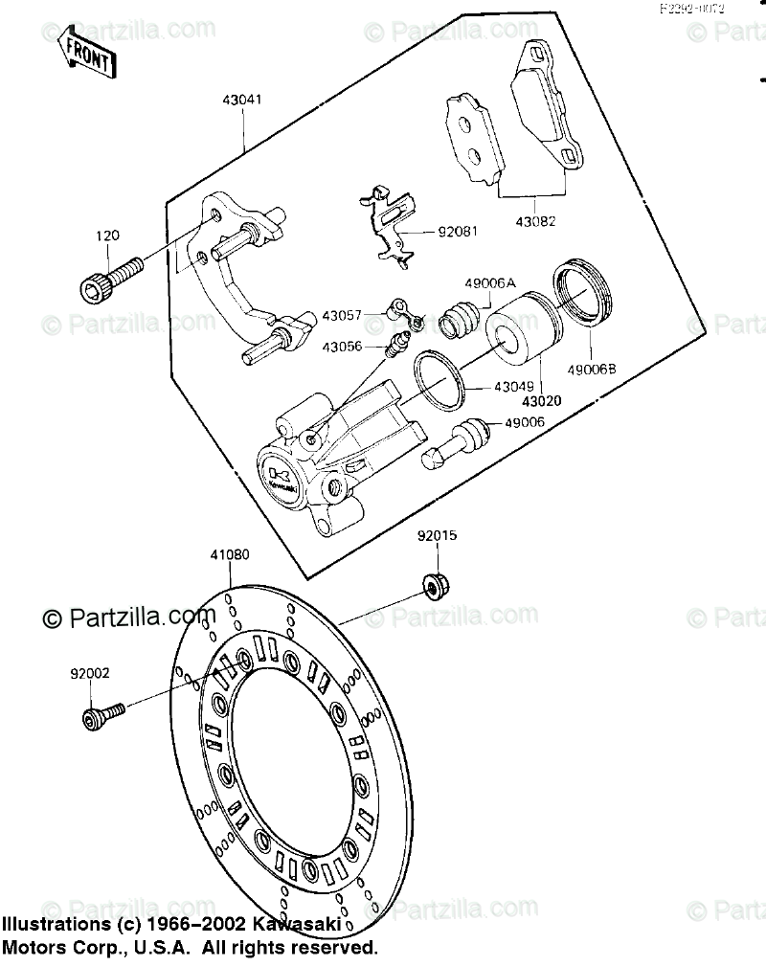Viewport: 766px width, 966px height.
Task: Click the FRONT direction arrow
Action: pyautogui.click(x=86, y=54)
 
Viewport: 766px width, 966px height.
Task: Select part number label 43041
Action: pyautogui.click(x=242, y=101)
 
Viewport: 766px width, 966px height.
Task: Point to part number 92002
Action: pyautogui.click(x=89, y=673)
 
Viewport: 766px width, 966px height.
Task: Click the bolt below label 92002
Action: pyautogui.click(x=101, y=714)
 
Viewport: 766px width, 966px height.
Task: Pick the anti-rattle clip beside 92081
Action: pyautogui.click(x=389, y=226)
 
